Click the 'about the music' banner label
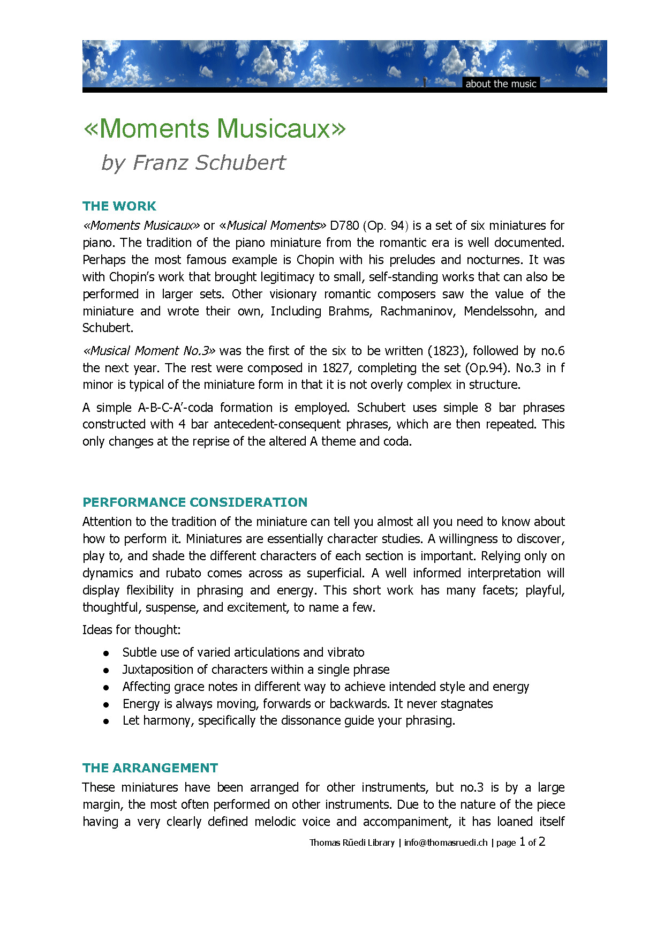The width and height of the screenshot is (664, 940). (500, 84)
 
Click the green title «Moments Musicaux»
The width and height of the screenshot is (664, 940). (215, 129)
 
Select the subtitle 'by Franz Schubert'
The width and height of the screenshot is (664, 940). (193, 163)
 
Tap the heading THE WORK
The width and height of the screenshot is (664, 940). (119, 206)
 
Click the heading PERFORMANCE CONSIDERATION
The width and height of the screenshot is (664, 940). (195, 502)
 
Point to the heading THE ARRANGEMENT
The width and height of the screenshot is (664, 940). (150, 768)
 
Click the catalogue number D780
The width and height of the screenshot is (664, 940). (344, 225)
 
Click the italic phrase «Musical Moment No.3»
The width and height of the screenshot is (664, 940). (149, 351)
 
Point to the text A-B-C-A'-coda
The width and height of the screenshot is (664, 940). (175, 408)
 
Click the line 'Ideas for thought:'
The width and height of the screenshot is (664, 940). (131, 630)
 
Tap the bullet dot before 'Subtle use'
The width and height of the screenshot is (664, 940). (107, 653)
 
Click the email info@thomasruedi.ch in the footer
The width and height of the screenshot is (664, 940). (446, 843)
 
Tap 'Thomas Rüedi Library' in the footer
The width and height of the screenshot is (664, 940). (352, 843)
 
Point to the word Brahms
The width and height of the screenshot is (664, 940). (350, 311)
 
